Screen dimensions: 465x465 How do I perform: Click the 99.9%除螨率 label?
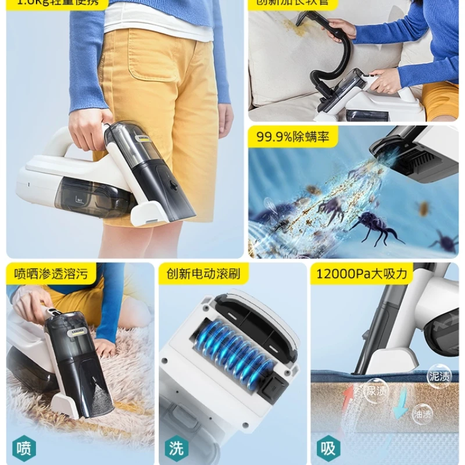293,137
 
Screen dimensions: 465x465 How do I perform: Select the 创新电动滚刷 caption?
203,273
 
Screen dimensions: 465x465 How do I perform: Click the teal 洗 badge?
177,448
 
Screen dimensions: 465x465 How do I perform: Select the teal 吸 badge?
329,448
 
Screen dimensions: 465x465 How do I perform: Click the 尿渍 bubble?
377,391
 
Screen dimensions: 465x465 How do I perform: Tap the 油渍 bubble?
421,414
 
